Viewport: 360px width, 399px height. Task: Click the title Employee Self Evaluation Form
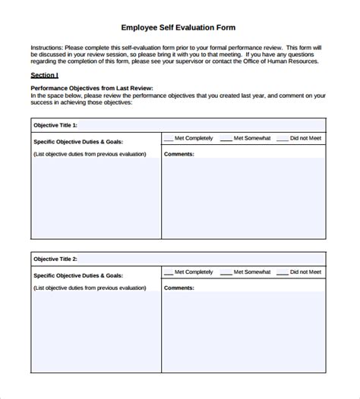(178, 27)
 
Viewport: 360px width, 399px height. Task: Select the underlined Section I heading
(44, 75)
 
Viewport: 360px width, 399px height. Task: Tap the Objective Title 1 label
(55, 125)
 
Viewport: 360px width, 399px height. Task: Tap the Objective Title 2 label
(55, 259)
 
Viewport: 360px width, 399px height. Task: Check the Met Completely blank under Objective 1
(169, 139)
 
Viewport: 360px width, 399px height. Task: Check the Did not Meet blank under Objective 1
(283, 139)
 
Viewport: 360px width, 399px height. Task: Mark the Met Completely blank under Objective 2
(169, 272)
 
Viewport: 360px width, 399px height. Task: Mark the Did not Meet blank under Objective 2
(283, 272)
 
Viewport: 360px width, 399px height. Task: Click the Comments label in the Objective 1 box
(179, 154)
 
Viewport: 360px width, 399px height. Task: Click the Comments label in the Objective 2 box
(179, 287)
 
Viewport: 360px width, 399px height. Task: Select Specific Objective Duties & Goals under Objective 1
(78, 141)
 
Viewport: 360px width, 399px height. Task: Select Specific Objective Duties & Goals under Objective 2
(78, 275)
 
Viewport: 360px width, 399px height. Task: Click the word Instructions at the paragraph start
(47, 47)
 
